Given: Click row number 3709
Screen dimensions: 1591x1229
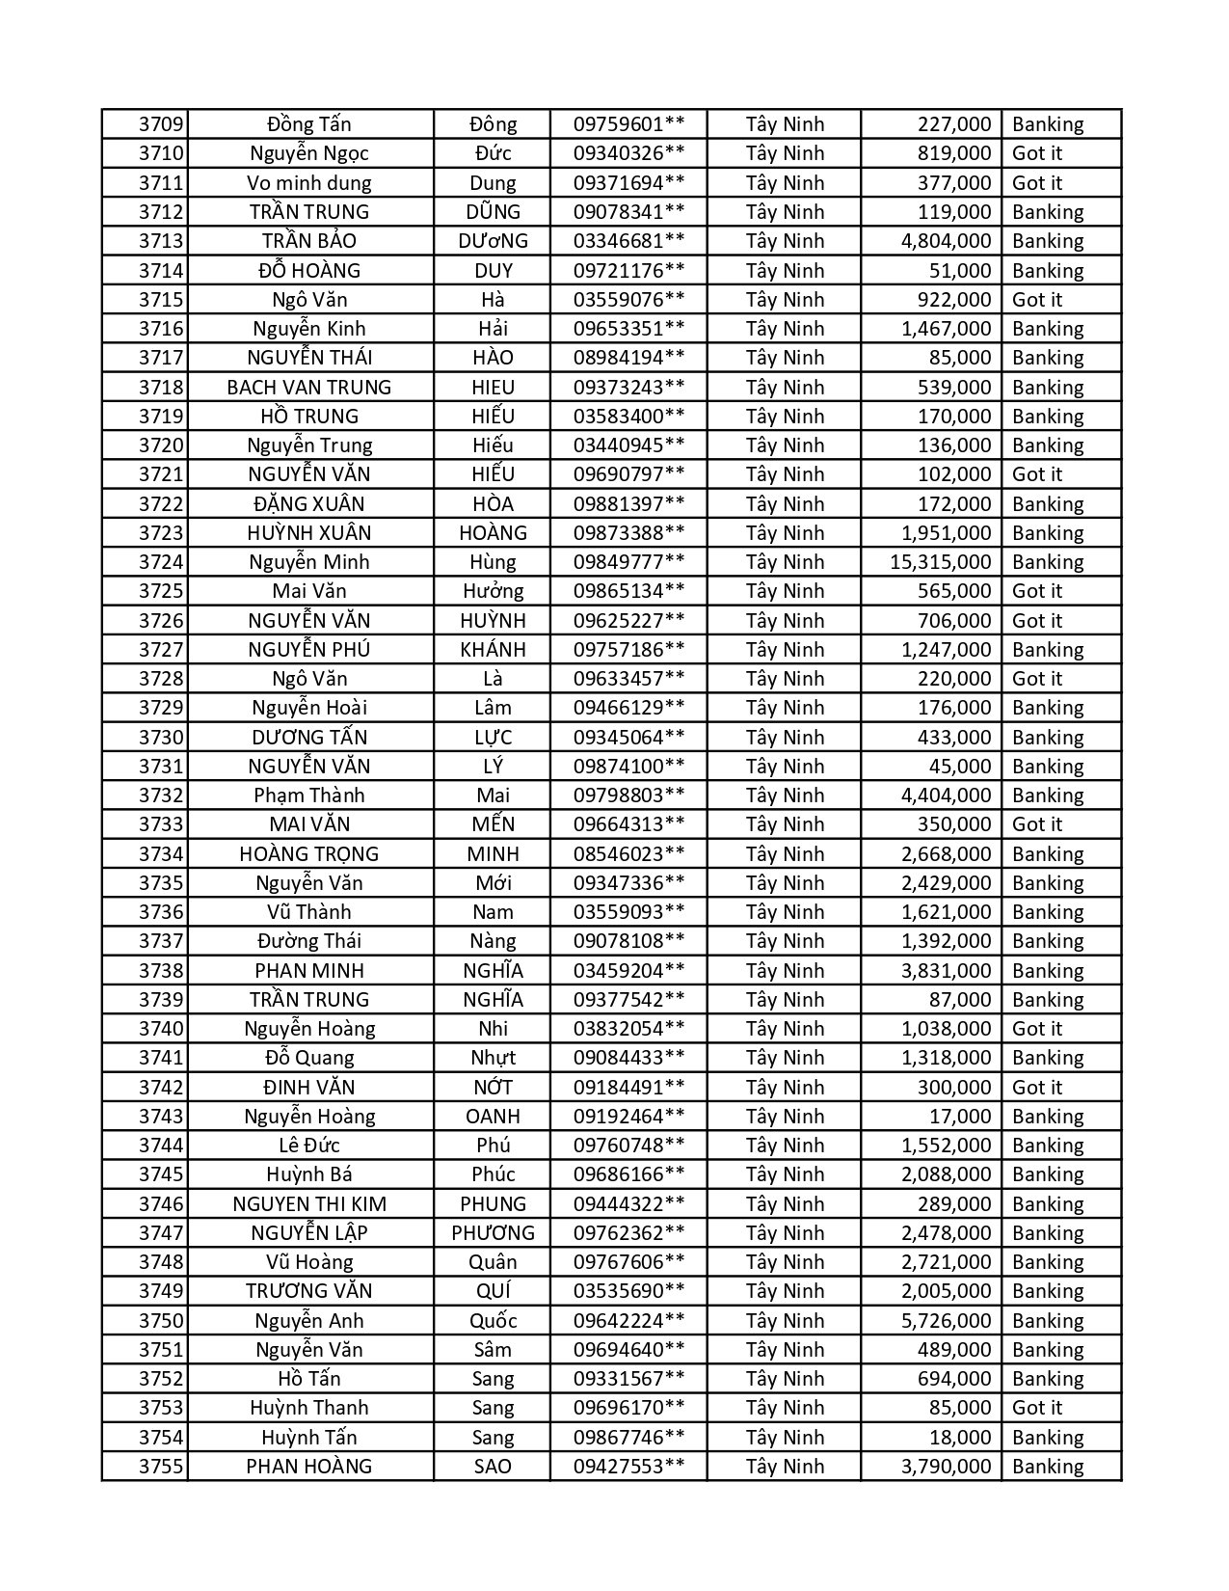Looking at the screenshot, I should pyautogui.click(x=160, y=124).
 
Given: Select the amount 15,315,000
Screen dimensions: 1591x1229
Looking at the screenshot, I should pyautogui.click(x=940, y=562).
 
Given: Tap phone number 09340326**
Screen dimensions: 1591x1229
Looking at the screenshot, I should pyautogui.click(x=628, y=153).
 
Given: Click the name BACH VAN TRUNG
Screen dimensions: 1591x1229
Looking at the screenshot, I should pyautogui.click(x=309, y=388).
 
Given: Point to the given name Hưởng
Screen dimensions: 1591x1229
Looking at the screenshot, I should pyautogui.click(x=493, y=591).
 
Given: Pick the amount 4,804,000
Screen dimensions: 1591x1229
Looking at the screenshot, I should pyautogui.click(x=946, y=241).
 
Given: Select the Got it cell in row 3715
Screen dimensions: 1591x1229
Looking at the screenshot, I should pyautogui.click(x=1037, y=300).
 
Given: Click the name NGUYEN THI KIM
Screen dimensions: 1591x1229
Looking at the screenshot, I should pyautogui.click(x=309, y=1204).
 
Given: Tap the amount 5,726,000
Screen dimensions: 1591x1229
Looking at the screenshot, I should pyautogui.click(x=946, y=1321).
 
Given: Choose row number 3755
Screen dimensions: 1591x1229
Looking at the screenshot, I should pyautogui.click(x=160, y=1467).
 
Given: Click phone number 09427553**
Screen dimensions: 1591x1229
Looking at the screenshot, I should pyautogui.click(x=628, y=1467).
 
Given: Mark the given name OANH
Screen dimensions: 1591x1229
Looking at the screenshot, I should pyautogui.click(x=493, y=1117).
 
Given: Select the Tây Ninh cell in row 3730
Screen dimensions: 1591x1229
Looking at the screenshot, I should pyautogui.click(x=785, y=738).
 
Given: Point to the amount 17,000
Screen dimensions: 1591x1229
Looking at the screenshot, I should pyautogui.click(x=960, y=1117).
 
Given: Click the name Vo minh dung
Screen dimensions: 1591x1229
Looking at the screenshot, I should pyautogui.click(x=309, y=183).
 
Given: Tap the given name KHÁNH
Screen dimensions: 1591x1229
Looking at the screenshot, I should pyautogui.click(x=493, y=650).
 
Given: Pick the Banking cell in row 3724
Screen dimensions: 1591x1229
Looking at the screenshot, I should pyautogui.click(x=1048, y=562).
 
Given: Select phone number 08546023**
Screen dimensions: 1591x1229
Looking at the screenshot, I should pyautogui.click(x=628, y=854).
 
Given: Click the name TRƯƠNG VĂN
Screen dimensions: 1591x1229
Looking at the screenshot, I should pyautogui.click(x=309, y=1291).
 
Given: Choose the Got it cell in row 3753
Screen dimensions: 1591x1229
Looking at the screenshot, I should pyautogui.click(x=1037, y=1408).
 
